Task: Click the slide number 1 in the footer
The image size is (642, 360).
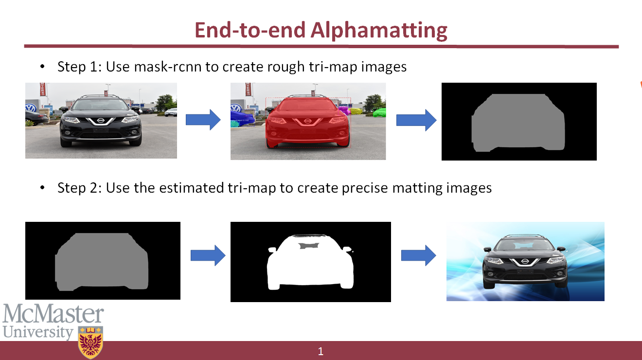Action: tap(321, 351)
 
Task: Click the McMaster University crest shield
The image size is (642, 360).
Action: tap(90, 342)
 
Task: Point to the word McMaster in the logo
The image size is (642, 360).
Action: tap(53, 313)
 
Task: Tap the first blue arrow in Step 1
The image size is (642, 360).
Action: tap(203, 120)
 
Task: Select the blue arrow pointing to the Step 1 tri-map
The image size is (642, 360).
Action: tap(416, 120)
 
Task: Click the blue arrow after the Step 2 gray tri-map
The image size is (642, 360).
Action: tap(208, 255)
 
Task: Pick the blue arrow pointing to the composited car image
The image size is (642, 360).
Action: tap(419, 255)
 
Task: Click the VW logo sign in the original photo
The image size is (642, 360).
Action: tap(31, 108)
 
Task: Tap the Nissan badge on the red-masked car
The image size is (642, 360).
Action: tap(307, 121)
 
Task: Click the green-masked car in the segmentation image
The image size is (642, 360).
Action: tap(379, 112)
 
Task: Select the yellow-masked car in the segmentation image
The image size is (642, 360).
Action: tap(356, 111)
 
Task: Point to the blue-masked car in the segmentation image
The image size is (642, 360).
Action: tap(242, 118)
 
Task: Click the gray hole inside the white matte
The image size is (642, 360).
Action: tap(309, 246)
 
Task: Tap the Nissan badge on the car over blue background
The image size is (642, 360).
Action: tap(525, 261)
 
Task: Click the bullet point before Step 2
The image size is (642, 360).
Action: tap(42, 188)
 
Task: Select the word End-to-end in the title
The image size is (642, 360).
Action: tap(250, 30)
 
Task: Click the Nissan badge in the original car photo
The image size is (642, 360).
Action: tap(100, 121)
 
